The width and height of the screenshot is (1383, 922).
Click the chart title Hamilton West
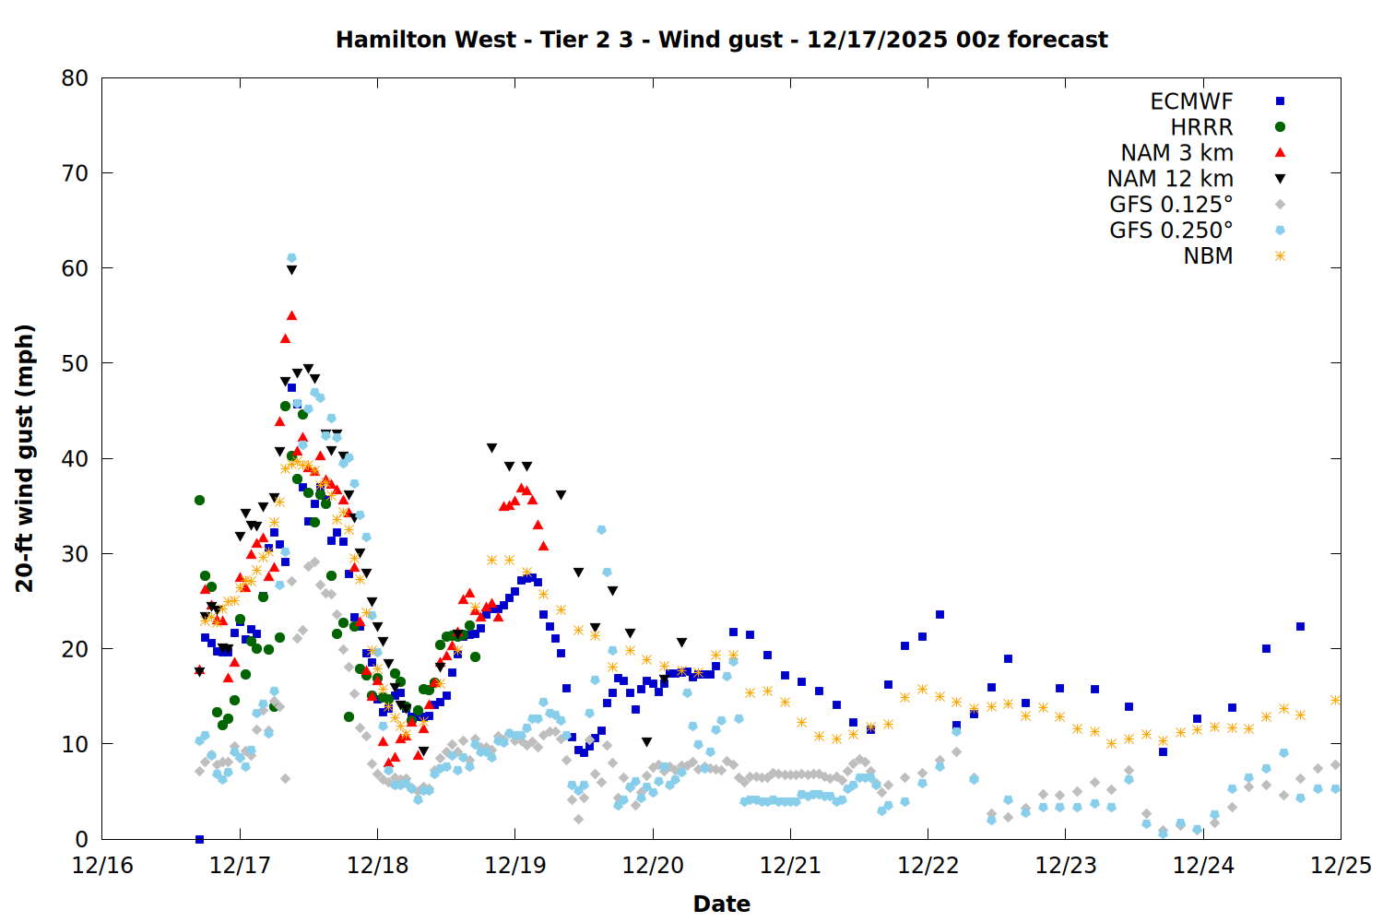[721, 40]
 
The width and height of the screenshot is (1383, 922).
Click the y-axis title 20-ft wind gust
[25, 457]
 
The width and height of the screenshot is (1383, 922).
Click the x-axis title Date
[721, 904]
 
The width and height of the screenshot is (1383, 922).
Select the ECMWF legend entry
[1191, 101]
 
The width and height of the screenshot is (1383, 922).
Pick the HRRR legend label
[1201, 127]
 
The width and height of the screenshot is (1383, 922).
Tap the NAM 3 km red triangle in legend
[1280, 152]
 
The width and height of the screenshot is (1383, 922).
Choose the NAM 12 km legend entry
[1170, 179]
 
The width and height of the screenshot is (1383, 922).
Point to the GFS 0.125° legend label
[1171, 205]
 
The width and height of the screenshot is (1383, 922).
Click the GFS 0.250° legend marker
[1280, 230]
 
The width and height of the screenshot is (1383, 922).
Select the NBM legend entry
[1208, 256]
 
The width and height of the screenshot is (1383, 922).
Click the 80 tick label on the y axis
[75, 78]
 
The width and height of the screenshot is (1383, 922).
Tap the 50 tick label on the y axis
[75, 363]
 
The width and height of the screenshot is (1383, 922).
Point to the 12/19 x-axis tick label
[514, 866]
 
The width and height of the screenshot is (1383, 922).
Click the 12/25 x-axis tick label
[1341, 866]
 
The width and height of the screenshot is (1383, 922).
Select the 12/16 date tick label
[102, 866]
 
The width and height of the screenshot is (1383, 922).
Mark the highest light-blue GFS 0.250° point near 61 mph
[291, 258]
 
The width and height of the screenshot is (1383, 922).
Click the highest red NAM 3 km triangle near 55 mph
[291, 316]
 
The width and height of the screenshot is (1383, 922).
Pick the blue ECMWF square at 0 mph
[199, 839]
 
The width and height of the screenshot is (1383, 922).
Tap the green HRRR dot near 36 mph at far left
[199, 500]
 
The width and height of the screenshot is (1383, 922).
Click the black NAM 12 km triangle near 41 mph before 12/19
[491, 448]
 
